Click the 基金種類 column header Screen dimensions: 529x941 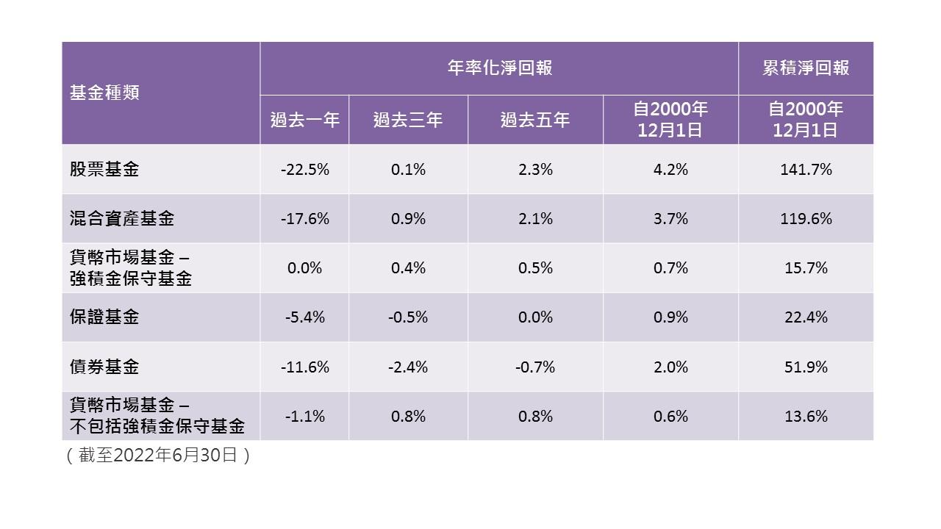[104, 93]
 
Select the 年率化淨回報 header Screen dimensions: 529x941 [500, 68]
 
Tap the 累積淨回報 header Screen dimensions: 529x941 [806, 68]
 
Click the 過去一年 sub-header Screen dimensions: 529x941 [304, 120]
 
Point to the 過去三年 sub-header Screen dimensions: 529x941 [408, 120]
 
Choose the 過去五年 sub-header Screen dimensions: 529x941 [535, 120]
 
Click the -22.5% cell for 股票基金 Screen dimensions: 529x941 [304, 170]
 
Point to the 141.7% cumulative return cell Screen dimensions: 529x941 [806, 170]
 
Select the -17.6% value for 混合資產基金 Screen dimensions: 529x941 [304, 219]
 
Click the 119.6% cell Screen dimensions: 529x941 [806, 219]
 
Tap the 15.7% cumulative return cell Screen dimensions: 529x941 [806, 268]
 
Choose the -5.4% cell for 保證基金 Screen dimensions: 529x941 [304, 317]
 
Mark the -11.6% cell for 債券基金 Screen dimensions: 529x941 [304, 367]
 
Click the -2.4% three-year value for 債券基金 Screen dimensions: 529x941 [408, 367]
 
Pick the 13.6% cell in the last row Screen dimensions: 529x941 [806, 417]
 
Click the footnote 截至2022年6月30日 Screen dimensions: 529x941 [159, 456]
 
